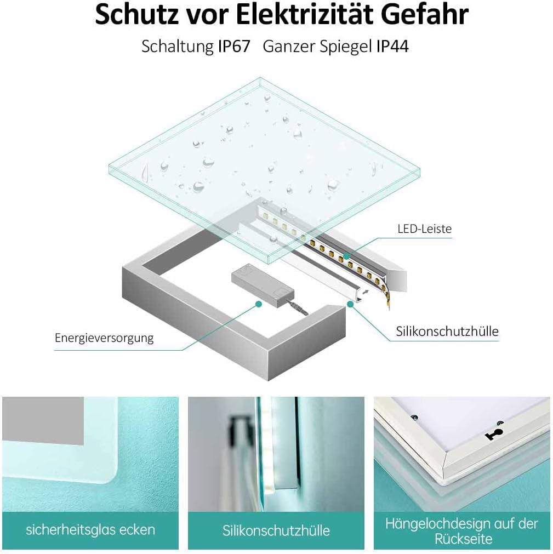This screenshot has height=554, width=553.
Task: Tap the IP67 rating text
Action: click(x=233, y=47)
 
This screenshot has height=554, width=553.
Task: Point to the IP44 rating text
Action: click(x=392, y=47)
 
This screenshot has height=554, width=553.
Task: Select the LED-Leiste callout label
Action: click(x=425, y=229)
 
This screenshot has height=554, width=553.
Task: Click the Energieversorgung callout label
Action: click(x=104, y=338)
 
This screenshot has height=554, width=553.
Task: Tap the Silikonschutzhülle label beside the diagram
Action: click(x=447, y=332)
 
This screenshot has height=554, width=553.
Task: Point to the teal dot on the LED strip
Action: click(x=346, y=255)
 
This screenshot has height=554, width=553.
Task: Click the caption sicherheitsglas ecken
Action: click(x=90, y=530)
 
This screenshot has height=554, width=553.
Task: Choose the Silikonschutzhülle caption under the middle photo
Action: click(x=276, y=530)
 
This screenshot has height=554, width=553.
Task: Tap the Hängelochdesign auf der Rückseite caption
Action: click(x=461, y=530)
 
